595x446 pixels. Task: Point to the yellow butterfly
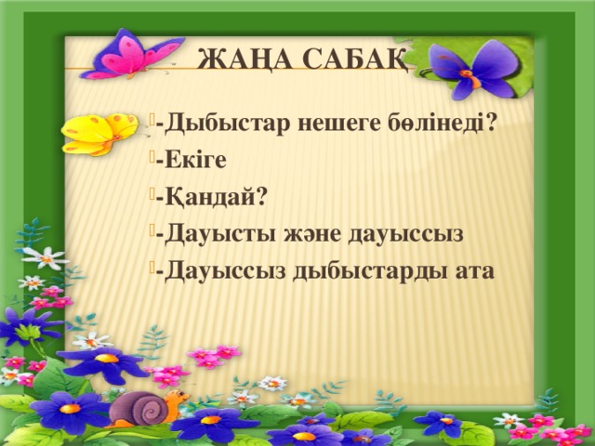[98, 133]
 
